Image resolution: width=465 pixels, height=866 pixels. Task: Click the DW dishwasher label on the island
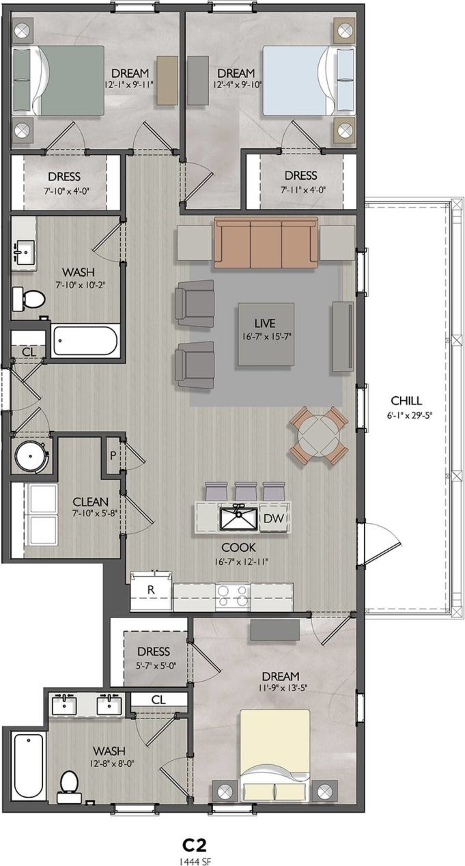[274, 518]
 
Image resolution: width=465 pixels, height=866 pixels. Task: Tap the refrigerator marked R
[151, 591]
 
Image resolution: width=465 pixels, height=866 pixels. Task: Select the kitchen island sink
[238, 518]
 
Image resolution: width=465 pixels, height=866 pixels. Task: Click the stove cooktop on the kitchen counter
[233, 596]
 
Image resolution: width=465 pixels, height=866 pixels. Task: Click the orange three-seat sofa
[266, 242]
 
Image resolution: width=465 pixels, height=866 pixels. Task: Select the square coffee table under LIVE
[265, 335]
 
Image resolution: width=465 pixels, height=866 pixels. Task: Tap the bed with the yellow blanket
[274, 751]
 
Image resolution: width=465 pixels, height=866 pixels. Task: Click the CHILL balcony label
[406, 401]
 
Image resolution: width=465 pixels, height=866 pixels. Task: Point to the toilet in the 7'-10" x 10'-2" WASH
[28, 297]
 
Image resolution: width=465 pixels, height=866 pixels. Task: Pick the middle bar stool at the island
[244, 490]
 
